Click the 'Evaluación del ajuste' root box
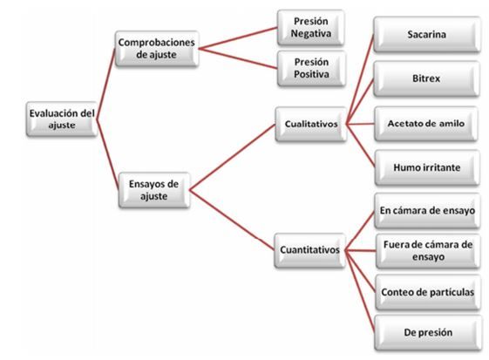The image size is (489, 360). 62,119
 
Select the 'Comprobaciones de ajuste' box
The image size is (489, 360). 157,48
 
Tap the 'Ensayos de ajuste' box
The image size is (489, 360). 154,190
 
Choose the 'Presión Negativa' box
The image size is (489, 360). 311,27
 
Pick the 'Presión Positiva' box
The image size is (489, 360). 311,68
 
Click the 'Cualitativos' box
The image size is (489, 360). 311,124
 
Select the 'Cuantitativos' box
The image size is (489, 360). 310,250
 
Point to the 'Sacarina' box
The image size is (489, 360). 427,34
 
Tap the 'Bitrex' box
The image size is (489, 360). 426,78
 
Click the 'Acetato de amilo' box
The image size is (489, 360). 426,124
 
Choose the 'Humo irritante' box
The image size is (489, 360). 427,168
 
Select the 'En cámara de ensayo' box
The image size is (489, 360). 427,211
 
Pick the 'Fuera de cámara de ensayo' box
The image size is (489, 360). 428,251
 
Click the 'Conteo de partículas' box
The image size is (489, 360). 428,292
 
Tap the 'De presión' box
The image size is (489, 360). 428,333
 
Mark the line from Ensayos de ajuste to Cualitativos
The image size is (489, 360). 233,157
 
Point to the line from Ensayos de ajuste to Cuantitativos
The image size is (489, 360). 232,221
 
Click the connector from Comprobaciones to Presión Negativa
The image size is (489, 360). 238,38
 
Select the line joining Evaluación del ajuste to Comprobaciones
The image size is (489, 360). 106,84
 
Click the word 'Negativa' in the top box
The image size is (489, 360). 311,33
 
